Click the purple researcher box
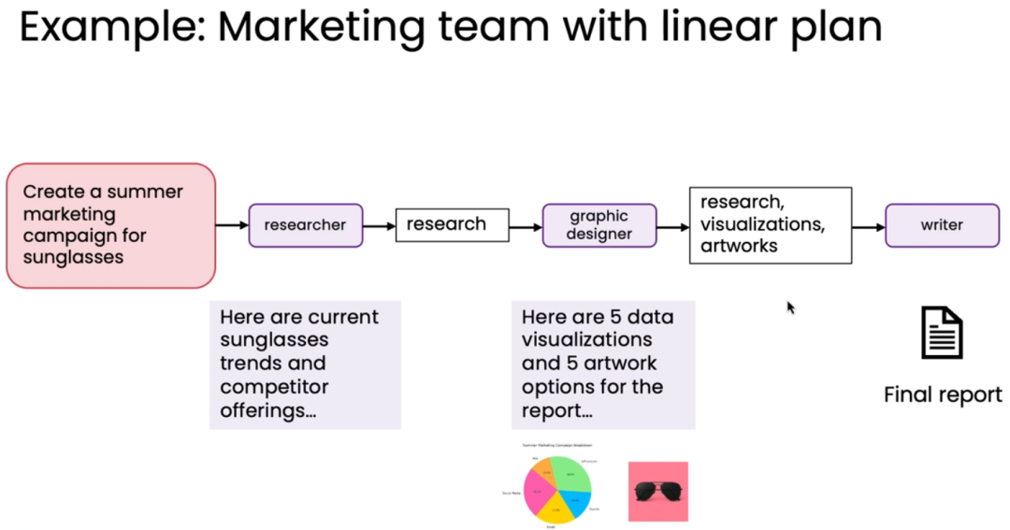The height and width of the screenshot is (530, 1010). click(305, 225)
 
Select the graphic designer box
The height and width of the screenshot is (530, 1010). click(599, 225)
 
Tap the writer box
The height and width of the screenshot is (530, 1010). click(942, 225)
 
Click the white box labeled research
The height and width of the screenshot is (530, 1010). click(453, 224)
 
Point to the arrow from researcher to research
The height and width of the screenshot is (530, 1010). click(379, 225)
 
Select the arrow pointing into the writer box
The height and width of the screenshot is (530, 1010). click(868, 227)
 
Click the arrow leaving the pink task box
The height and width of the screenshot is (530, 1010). click(231, 225)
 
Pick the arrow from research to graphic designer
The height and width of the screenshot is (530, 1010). click(526, 226)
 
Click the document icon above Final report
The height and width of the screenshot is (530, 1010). click(942, 333)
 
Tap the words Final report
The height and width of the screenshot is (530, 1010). click(942, 394)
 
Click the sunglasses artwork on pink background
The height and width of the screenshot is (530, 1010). click(658, 491)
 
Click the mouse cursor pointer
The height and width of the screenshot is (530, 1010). click(790, 307)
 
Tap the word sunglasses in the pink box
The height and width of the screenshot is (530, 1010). click(74, 257)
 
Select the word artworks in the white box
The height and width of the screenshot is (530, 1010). click(739, 245)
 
